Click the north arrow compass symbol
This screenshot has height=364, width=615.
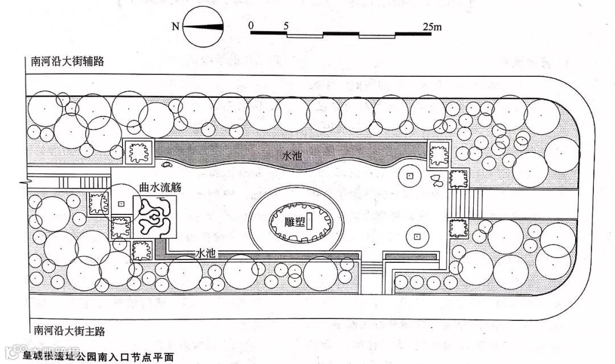coord(203,27)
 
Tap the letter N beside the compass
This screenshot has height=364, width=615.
coord(176,26)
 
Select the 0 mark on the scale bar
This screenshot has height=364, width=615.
coord(251,25)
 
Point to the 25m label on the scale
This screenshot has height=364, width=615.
coord(432,26)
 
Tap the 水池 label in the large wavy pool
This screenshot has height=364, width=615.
coord(293,155)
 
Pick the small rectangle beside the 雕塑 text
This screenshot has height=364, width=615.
coord(309,222)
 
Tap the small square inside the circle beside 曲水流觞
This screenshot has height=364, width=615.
coord(120,204)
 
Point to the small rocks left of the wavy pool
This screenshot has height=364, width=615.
coord(167,166)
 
